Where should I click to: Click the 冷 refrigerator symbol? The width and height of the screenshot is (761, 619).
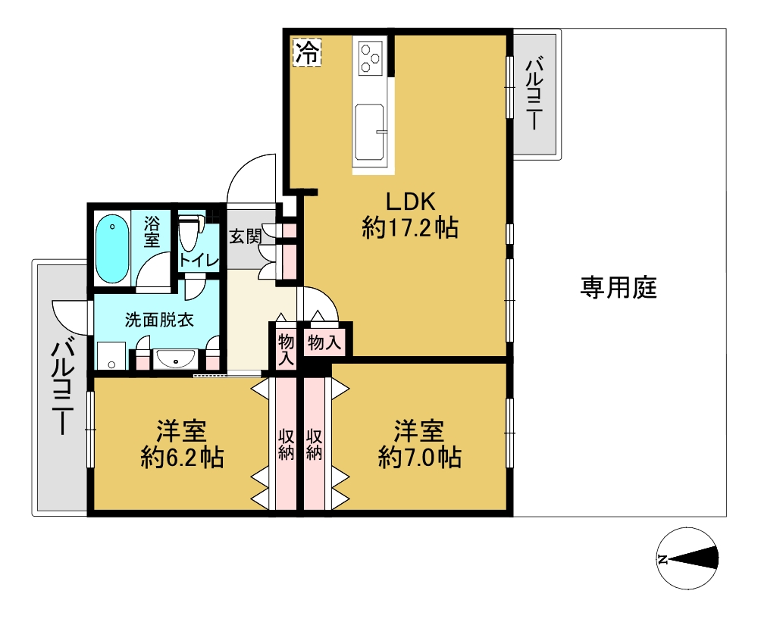(308, 52)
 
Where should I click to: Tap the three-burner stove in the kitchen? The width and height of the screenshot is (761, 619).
(371, 58)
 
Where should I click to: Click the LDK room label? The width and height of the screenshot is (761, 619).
(411, 202)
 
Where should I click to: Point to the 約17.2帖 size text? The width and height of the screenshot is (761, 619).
(410, 227)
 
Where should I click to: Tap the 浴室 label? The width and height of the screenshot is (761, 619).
(152, 233)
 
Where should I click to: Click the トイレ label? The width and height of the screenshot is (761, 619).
(199, 261)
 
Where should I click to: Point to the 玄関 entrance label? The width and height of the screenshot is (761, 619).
(246, 236)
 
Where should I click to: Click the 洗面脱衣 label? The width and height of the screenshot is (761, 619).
(159, 320)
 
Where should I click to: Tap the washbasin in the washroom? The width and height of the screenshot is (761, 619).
(175, 360)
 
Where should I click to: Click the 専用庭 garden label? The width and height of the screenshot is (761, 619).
(619, 287)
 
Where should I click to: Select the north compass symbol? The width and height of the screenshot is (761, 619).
(687, 559)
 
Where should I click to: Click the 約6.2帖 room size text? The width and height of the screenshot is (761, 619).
(183, 458)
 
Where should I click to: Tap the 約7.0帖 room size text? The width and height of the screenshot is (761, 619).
(420, 458)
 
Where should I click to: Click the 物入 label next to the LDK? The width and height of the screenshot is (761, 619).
(324, 343)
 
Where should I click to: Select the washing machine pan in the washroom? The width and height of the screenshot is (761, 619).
(111, 356)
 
